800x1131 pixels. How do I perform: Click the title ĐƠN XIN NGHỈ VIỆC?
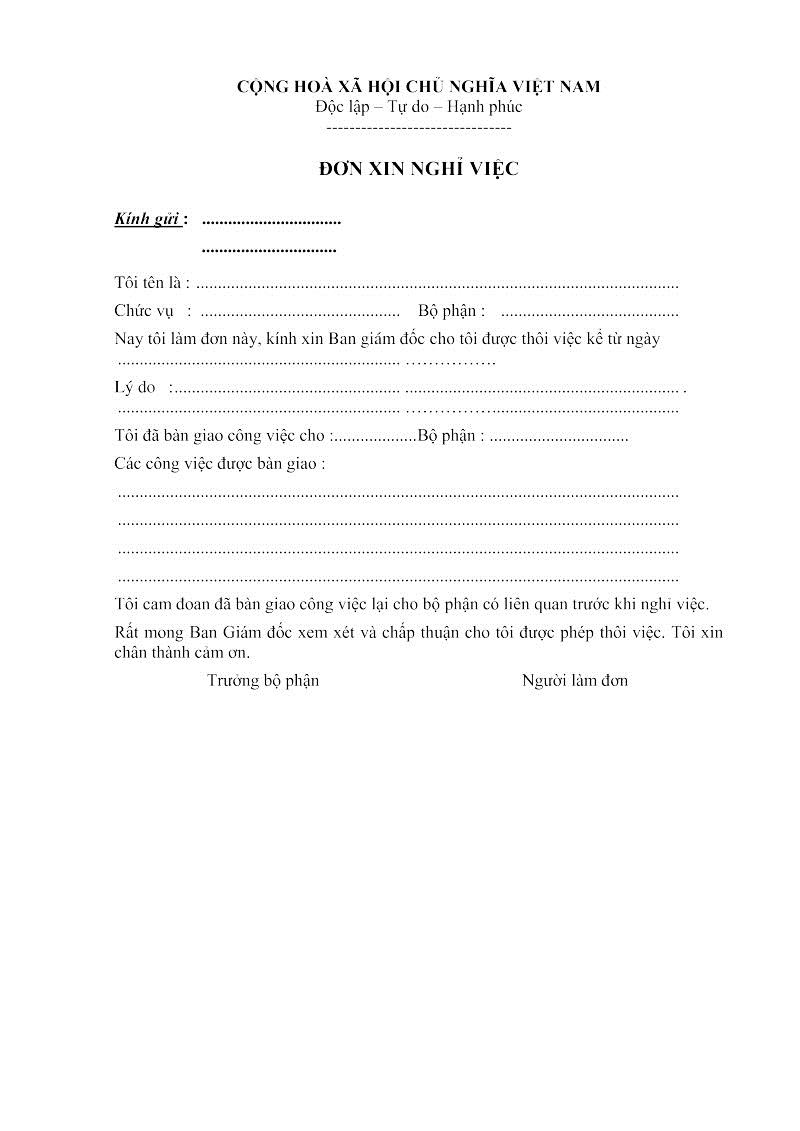[x=418, y=170]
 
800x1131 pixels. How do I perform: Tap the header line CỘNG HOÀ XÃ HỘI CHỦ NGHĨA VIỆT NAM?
[x=418, y=87]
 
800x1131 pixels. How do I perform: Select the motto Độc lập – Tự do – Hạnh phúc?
[x=418, y=107]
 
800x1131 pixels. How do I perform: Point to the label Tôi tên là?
[x=150, y=284]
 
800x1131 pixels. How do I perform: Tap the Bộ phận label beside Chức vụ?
[x=451, y=311]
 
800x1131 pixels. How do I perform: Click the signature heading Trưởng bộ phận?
[x=263, y=681]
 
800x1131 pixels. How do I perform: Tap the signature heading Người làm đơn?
[x=575, y=681]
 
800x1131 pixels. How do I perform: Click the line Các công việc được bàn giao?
[x=220, y=464]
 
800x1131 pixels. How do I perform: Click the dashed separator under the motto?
[x=418, y=128]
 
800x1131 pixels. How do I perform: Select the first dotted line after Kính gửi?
[x=271, y=220]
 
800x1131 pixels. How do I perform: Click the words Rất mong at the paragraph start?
[x=143, y=633]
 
